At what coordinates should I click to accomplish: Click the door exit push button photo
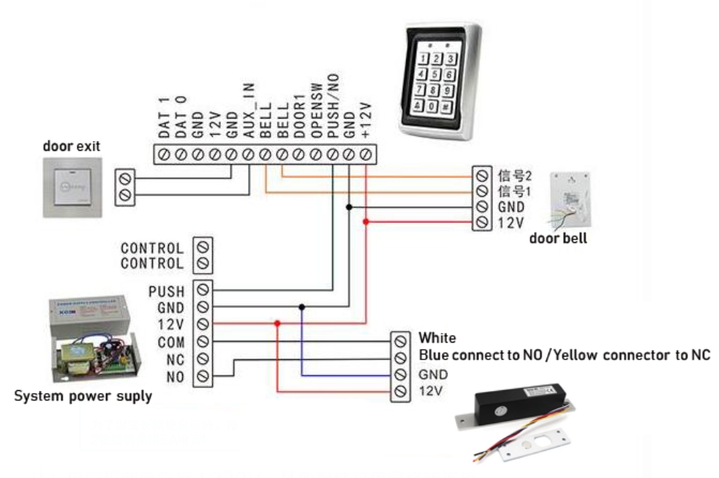[x=71, y=187]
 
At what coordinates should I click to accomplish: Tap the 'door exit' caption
[x=71, y=146]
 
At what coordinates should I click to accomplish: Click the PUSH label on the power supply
[x=166, y=292]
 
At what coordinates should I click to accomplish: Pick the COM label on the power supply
[x=170, y=343]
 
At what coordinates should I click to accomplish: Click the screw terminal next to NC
[x=203, y=359]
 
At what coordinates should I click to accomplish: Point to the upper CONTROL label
[x=152, y=248]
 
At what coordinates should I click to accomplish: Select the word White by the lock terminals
[x=437, y=338]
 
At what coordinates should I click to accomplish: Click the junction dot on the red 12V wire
[x=277, y=324]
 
